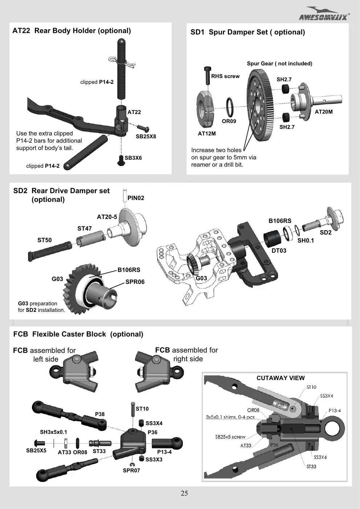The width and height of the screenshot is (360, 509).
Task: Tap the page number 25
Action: tap(184, 493)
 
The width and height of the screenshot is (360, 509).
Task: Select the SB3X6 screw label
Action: tap(133, 158)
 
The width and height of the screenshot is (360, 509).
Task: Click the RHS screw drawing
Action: tap(207, 76)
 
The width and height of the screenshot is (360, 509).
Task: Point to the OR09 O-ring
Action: tap(229, 107)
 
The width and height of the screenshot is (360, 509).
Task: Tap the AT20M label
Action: tap(323, 111)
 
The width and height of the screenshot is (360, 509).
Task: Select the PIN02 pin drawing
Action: tap(125, 195)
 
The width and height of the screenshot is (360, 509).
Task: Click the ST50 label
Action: tap(45, 240)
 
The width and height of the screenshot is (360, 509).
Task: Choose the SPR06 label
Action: tap(135, 282)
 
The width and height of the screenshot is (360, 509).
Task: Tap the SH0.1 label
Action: tap(306, 240)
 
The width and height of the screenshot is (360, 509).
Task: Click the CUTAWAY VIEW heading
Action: tap(281, 378)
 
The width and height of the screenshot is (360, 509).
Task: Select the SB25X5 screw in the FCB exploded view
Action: tap(40, 443)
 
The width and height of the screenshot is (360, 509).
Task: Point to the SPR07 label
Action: tap(131, 471)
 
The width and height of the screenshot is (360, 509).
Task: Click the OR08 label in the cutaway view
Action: tap(253, 410)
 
